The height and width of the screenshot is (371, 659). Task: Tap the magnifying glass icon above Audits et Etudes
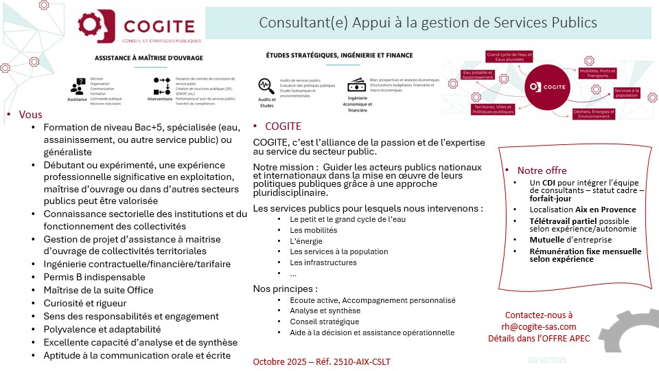[266, 86]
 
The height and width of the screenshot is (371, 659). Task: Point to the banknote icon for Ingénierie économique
[356, 86]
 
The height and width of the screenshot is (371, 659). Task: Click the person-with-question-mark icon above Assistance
[77, 86]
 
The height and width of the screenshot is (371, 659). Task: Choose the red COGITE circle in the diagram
[548, 87]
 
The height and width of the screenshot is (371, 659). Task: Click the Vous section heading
[30, 115]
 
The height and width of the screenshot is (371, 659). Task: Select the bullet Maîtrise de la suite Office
[98, 290]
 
